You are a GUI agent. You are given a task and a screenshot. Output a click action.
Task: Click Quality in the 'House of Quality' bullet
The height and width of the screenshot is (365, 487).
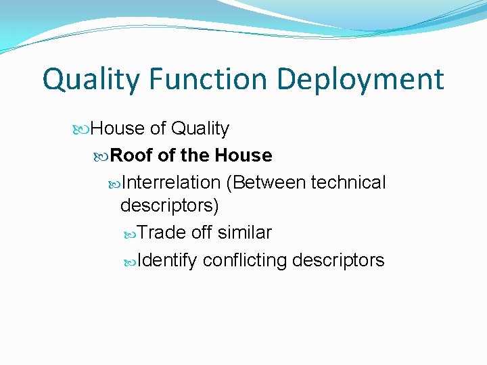200,128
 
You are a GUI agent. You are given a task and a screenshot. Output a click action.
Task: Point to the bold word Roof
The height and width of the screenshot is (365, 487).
131,155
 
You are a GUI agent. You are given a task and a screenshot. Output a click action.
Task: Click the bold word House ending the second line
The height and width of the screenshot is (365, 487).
243,155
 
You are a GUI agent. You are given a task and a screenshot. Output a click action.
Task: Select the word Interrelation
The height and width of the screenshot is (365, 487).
172,182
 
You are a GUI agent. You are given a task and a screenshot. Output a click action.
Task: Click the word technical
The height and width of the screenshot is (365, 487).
348,182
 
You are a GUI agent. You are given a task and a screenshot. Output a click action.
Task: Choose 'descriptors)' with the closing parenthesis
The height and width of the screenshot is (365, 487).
169,205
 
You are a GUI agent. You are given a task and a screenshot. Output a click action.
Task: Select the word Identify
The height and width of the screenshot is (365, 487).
167,260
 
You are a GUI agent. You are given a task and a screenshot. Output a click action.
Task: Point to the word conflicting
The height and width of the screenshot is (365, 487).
245,260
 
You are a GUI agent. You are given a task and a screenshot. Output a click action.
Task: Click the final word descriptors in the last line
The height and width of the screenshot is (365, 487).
338,260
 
